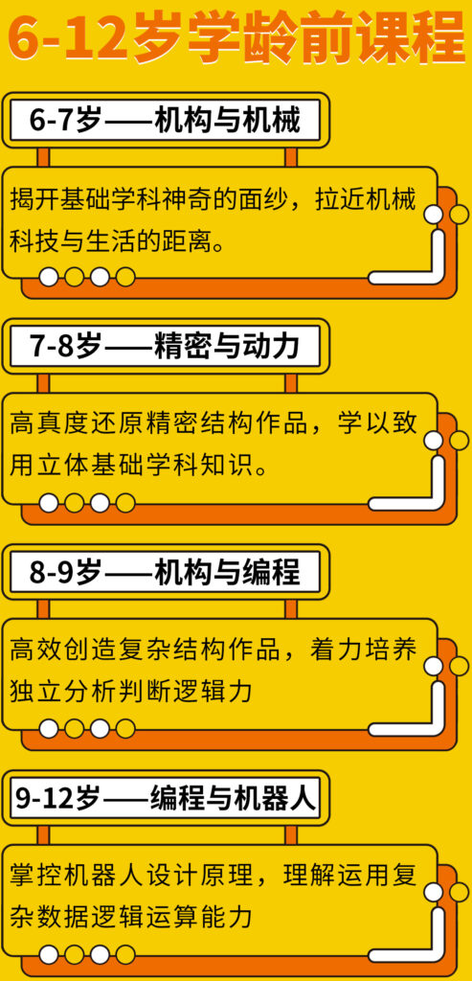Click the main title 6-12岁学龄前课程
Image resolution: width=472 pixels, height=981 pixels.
pos(236,35)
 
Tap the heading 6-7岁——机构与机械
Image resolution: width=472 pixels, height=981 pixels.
pos(165,120)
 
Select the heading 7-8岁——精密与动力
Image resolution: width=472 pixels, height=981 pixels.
pos(165,345)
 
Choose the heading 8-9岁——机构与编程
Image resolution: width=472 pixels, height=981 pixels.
pos(165,572)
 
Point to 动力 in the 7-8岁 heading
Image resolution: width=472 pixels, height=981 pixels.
pos(273,345)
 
